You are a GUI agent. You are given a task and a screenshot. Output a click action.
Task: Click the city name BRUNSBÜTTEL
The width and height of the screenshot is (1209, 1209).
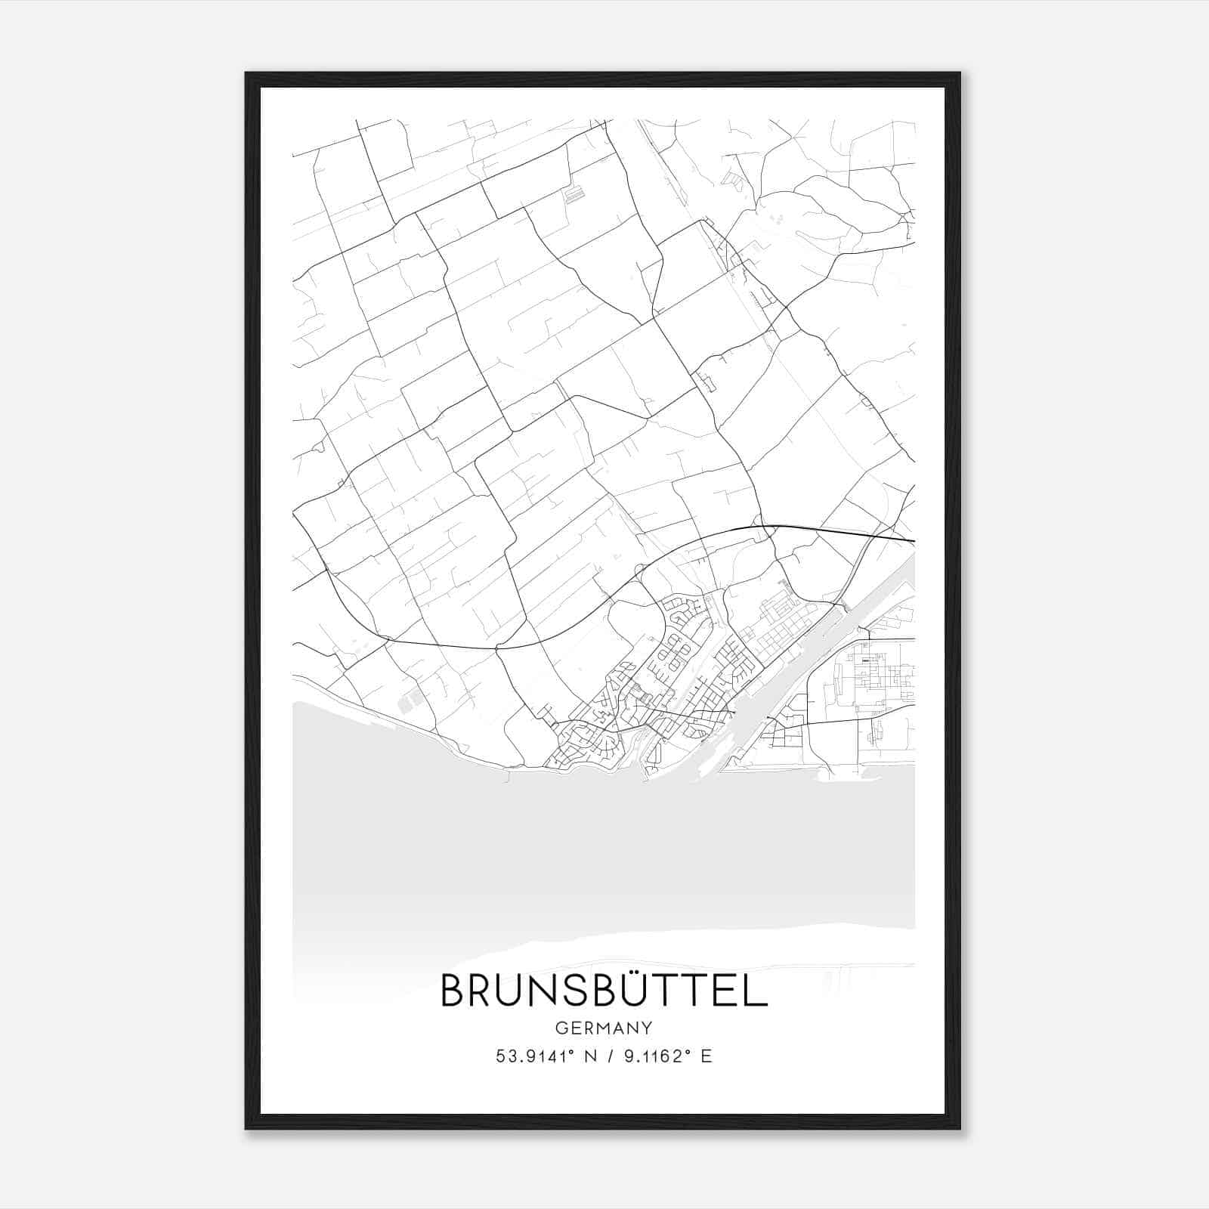coord(604,991)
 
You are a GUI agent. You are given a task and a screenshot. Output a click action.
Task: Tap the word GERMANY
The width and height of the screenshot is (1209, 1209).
coord(604,1028)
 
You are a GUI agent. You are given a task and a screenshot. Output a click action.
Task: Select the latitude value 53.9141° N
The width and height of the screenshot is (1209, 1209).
coord(545,1056)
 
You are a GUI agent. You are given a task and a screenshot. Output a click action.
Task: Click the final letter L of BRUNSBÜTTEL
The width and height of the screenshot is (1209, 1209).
coord(756,992)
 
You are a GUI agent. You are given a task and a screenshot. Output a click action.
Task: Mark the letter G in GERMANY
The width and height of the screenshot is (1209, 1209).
coord(561,1028)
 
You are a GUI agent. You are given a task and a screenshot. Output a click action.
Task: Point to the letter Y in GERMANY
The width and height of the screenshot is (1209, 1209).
coord(647,1028)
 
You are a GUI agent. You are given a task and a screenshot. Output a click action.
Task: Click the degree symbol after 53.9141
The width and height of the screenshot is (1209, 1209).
coord(570,1052)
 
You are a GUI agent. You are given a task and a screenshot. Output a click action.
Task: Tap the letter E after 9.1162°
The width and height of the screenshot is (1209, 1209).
coord(706,1056)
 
